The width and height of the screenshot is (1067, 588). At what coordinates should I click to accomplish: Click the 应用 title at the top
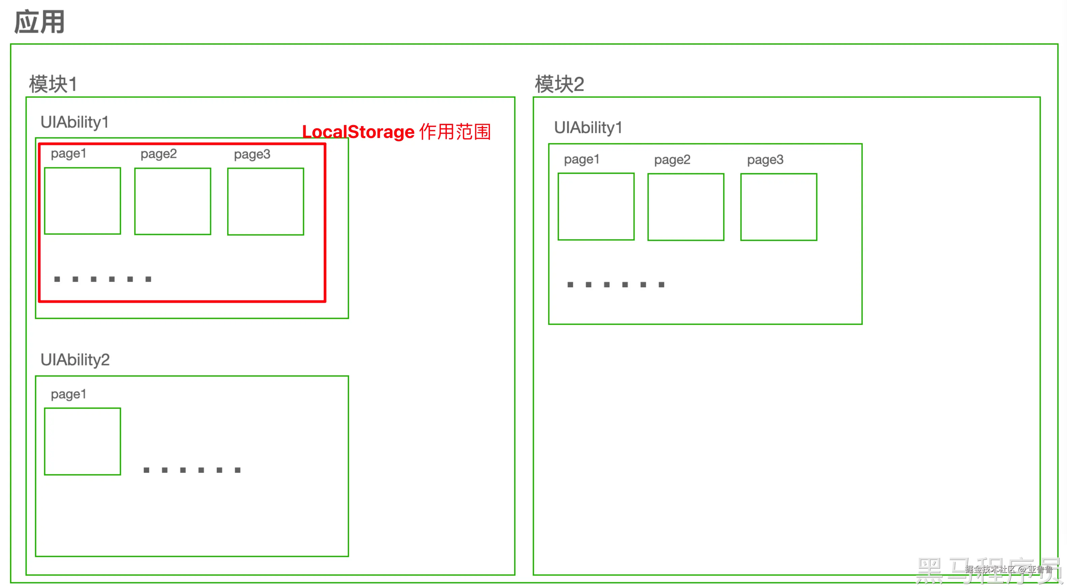tap(39, 22)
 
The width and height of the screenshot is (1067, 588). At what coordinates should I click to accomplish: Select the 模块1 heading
tap(53, 84)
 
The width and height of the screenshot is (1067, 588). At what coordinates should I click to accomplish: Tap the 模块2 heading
tap(559, 84)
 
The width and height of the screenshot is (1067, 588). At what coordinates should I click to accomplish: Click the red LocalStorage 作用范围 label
tap(396, 132)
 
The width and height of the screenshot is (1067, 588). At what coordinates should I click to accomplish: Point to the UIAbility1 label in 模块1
tap(74, 122)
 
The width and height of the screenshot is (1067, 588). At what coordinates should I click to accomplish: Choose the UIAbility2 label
tap(75, 360)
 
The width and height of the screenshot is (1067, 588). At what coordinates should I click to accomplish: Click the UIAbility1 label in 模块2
tap(588, 128)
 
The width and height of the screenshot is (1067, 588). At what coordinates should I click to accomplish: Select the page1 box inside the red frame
tap(83, 201)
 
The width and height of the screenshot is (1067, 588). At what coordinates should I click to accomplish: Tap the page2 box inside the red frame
tap(173, 201)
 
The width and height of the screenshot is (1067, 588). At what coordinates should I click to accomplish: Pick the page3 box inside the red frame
tap(266, 201)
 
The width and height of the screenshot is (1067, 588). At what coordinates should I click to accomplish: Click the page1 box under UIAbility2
tap(83, 441)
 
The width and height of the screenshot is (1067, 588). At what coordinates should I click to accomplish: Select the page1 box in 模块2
tap(596, 207)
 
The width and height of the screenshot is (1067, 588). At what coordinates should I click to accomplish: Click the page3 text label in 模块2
tap(765, 160)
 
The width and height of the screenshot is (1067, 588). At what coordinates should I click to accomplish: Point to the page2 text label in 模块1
tap(159, 154)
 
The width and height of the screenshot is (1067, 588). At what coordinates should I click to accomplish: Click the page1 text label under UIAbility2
tap(68, 394)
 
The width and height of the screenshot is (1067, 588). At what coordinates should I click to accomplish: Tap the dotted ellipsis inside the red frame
tap(103, 279)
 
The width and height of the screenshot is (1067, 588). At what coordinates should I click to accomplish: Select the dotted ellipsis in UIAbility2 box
tap(192, 470)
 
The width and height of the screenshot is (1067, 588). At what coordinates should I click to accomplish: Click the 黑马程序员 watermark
tap(988, 571)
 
